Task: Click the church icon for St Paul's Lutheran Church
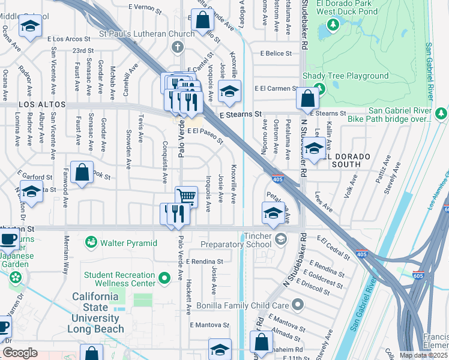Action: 177,47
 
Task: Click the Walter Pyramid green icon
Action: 91,242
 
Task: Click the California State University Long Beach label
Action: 98,313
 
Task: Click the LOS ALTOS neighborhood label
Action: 41,104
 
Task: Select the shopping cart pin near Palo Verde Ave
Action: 186,196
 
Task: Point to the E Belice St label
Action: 276,53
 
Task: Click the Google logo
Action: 20,353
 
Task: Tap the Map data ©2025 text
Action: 424,355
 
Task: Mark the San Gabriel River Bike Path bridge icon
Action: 441,113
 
